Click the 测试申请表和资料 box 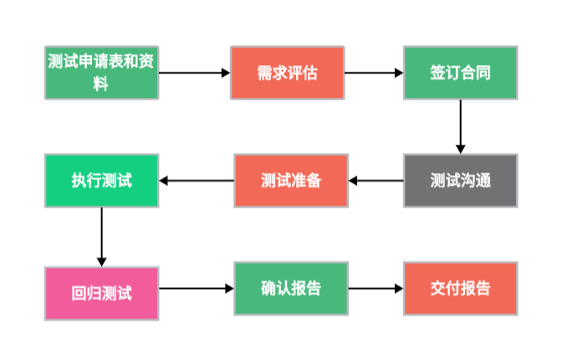101,73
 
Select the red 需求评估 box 288,73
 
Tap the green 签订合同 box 460,73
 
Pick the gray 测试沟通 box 460,180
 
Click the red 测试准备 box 290,180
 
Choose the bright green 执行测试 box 101,180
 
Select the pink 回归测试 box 101,293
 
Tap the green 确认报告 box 290,289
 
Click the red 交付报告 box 460,289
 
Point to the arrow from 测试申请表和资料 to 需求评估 194,73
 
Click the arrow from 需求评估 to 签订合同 374,73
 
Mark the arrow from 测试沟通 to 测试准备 376,180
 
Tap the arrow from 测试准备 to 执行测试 197,180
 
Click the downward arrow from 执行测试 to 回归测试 101,236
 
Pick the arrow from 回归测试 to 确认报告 197,289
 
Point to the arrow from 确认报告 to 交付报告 376,289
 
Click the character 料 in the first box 101,84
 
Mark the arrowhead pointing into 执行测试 164,180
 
